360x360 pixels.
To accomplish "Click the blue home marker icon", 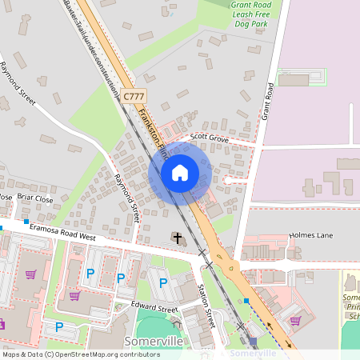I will tap(180, 172).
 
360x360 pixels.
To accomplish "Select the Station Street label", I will tap(206, 306).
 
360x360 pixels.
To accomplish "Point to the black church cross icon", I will tap(176, 238).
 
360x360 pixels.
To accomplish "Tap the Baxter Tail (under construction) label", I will tap(93, 44).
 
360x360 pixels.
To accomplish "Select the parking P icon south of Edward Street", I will tap(59, 326).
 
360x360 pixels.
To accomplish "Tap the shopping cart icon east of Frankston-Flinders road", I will tap(295, 320).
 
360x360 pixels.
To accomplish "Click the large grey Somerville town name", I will tap(154, 341).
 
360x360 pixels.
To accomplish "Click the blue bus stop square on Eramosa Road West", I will tap(26, 221).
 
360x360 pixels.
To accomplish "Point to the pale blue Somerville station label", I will tap(253, 352).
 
